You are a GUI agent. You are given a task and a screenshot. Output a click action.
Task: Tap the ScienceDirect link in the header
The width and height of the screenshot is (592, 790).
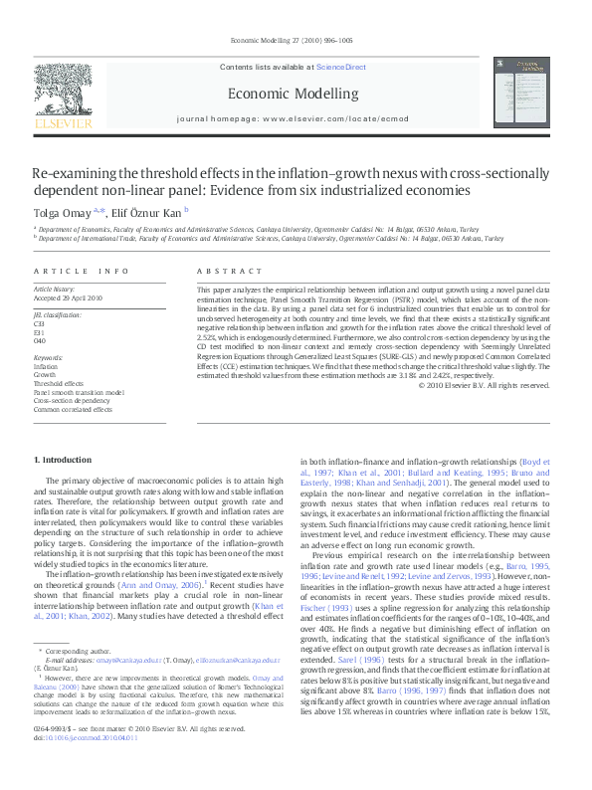[341, 67]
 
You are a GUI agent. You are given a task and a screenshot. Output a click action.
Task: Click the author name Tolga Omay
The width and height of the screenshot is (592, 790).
[62, 212]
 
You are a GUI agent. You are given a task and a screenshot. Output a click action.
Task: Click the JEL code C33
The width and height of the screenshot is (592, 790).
[39, 323]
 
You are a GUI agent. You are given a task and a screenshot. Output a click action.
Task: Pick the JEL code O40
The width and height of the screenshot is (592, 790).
[39, 339]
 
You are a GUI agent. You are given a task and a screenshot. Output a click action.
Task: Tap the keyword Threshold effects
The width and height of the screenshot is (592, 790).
[59, 382]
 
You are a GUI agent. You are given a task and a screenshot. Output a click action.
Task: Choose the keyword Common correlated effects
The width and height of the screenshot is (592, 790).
[73, 408]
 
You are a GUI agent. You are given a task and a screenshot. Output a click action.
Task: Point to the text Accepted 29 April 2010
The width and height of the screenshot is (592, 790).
[69, 297]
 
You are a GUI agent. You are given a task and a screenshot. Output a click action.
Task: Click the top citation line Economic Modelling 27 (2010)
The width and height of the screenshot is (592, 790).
[291, 40]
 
